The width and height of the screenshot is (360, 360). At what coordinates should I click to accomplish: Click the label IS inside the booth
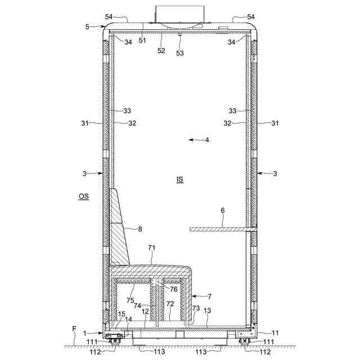pos(180,179)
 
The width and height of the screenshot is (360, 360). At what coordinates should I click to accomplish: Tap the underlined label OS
pos(84,196)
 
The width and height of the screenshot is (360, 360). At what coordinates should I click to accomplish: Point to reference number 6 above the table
pos(223,210)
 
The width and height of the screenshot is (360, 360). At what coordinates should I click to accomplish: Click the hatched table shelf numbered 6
pos(223,229)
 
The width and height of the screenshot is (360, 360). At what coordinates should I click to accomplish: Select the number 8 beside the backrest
pos(140,229)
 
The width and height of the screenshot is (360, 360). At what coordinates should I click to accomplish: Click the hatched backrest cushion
pos(119,227)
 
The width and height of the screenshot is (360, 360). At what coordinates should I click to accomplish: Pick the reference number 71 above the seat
pos(151,248)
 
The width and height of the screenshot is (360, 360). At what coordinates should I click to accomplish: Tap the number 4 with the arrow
pos(207,140)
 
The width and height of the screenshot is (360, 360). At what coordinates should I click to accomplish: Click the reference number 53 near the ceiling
pos(180,53)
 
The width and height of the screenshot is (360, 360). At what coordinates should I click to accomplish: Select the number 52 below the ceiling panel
pos(161,51)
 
